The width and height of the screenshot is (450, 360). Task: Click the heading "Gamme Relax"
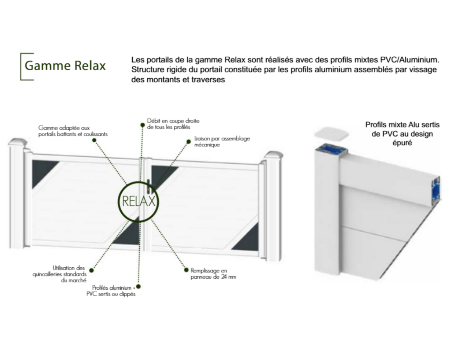point(65,65)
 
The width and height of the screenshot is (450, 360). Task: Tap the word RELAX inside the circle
point(138,201)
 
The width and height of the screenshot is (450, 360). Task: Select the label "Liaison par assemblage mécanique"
point(222,142)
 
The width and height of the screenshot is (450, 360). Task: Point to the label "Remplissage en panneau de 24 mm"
point(213,273)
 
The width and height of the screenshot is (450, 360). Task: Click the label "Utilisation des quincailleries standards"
point(59,274)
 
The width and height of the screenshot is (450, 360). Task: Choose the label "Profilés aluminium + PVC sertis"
point(111,291)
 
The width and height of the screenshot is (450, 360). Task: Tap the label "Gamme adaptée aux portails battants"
point(73,131)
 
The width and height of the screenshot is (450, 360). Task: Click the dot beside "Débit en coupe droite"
point(142,125)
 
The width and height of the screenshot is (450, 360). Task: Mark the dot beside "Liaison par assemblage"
point(189,142)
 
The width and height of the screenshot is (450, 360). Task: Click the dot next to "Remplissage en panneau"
point(185,270)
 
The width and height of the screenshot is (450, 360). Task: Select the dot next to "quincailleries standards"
point(91,270)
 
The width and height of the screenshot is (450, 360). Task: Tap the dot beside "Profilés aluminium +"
point(138,287)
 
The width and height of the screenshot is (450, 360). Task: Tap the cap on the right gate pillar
point(273,155)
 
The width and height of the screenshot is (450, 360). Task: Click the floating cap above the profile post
point(332,134)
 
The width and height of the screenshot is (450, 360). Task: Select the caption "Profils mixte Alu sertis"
point(403,125)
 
